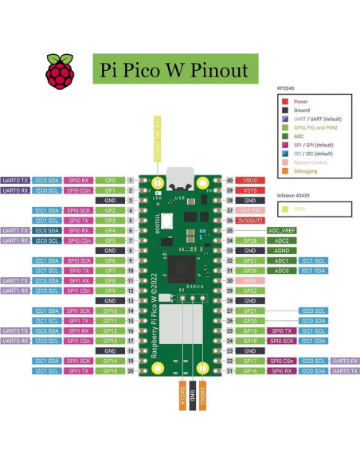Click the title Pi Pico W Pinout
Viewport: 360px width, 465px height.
tap(174, 70)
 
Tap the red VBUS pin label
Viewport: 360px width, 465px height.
tap(250, 181)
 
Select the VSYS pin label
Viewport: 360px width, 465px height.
tap(250, 191)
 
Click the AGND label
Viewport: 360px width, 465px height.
tap(281, 251)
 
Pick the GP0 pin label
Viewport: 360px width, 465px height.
tap(111, 181)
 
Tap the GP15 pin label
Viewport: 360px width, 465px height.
tap(111, 371)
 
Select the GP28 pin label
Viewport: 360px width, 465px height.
tap(250, 240)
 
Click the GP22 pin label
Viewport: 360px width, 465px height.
tap(250, 291)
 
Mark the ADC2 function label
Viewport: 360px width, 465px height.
tap(281, 240)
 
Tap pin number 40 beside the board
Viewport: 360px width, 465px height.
tap(229, 181)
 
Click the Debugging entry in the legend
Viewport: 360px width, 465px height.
tap(307, 171)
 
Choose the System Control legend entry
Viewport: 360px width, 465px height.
tap(311, 162)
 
